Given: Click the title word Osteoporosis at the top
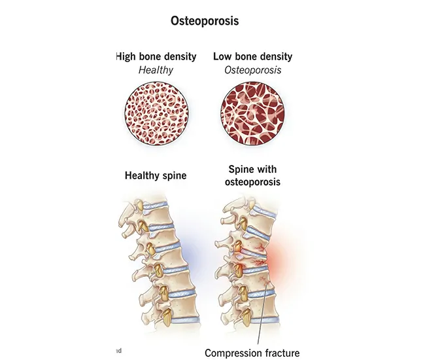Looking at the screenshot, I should pos(205,21).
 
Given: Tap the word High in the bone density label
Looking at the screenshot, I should pos(127,57).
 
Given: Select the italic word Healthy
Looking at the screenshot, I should pos(155,70).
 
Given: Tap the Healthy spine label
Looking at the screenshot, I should pos(155,175).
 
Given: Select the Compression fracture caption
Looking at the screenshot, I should pos(252,353).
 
